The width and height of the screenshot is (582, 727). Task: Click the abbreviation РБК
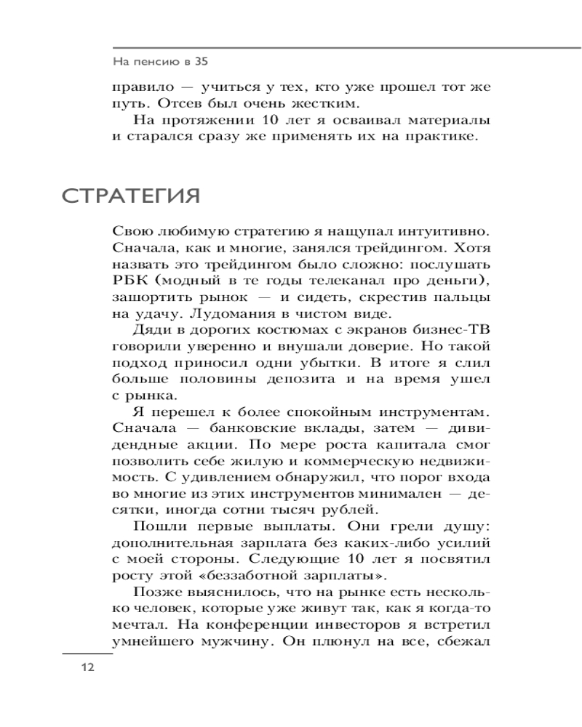click(x=128, y=281)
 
